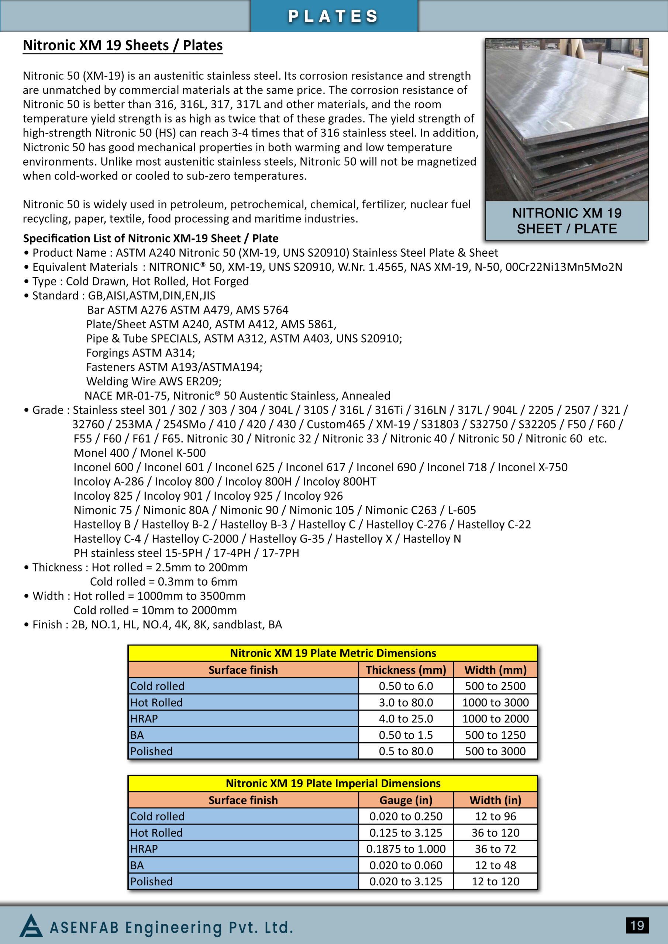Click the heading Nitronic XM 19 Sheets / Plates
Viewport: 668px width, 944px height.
(123, 45)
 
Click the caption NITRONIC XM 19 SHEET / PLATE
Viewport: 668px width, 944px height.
(567, 221)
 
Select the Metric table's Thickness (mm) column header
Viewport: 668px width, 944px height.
(406, 670)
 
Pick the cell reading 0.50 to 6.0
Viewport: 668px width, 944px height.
(406, 686)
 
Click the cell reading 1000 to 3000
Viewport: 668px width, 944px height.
(496, 702)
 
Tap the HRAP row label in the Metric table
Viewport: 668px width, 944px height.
(144, 719)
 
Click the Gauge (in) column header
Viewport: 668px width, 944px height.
(406, 800)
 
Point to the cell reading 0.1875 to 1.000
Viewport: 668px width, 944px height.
(406, 849)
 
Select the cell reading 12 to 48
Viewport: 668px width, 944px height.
(496, 865)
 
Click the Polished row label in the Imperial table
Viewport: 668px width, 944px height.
(151, 882)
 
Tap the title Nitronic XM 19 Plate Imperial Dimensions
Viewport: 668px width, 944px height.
(333, 783)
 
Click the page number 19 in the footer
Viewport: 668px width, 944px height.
(637, 926)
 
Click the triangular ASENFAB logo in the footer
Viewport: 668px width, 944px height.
(31, 926)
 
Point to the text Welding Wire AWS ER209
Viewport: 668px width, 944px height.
(154, 382)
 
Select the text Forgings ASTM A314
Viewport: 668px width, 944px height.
(141, 353)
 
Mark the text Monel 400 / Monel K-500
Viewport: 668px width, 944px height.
(140, 453)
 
